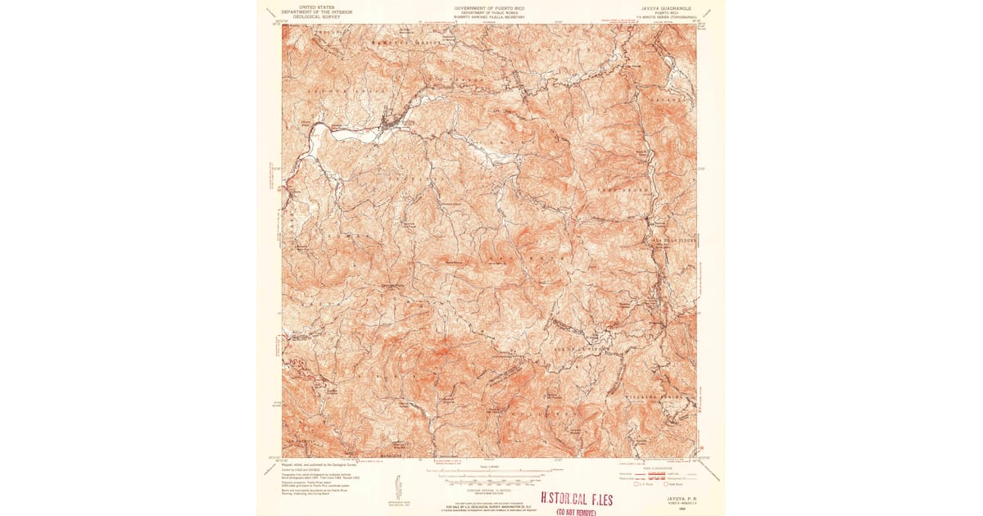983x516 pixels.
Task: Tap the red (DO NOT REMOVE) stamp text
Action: [x=576, y=511]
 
